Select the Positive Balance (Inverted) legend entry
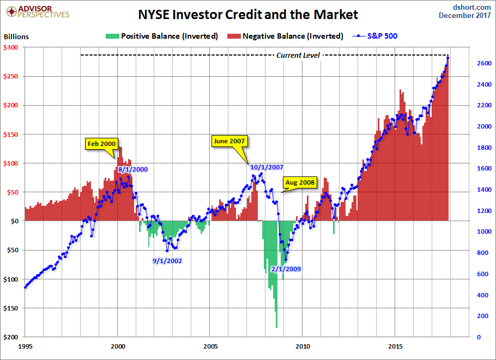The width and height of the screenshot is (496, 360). pos(162,36)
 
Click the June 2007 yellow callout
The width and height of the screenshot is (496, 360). pos(229,141)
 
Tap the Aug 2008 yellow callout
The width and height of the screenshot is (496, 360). pos(299,182)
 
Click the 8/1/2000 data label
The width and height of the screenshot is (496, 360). pos(133,169)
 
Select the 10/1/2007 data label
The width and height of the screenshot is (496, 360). pos(267,167)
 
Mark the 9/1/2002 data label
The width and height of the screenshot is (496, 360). pos(167,261)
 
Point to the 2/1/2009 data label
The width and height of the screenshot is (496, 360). pos(286,269)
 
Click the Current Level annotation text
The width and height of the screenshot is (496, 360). pos(298,55)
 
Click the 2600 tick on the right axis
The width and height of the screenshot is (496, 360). pos(481,63)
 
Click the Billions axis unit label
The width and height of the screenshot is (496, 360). pos(16,37)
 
